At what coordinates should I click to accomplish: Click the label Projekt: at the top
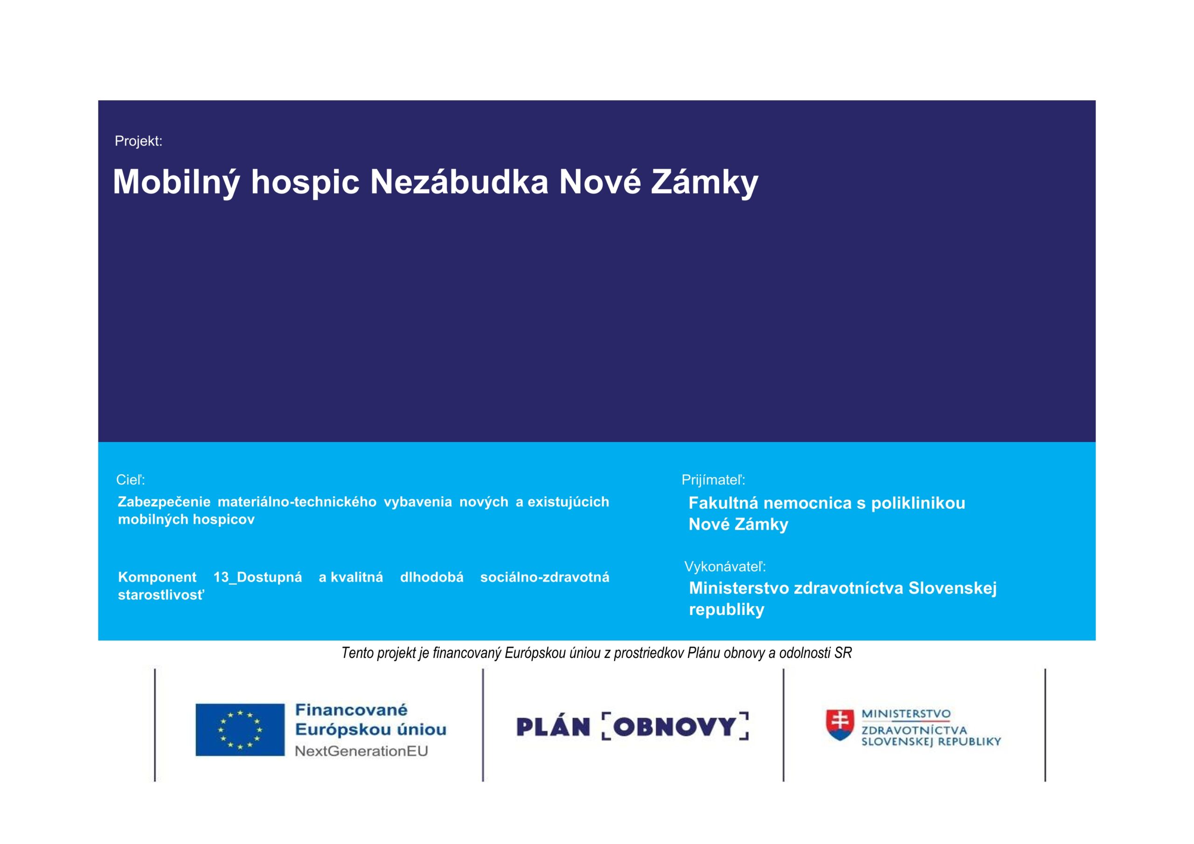[x=139, y=141]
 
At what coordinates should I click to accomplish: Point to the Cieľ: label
[x=131, y=479]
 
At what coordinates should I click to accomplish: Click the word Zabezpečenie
[x=164, y=502]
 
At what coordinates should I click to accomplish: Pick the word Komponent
[x=157, y=577]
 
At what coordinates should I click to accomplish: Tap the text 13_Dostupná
[x=257, y=577]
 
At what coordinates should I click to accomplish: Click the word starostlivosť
[x=161, y=595]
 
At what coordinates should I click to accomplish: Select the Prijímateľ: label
[x=714, y=480]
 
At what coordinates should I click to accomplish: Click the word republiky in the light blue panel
[x=727, y=609]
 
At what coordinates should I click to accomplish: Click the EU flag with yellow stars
[x=240, y=730]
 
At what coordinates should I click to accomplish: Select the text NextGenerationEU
[x=361, y=751]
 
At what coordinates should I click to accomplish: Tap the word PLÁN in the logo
[x=553, y=726]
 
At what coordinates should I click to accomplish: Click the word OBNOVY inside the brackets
[x=675, y=726]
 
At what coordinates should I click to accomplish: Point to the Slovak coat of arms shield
[x=840, y=724]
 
